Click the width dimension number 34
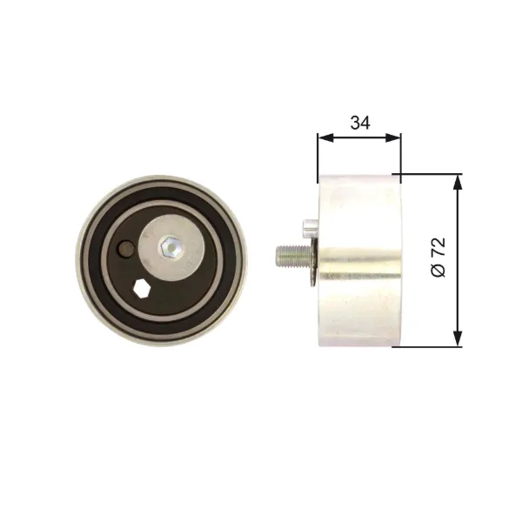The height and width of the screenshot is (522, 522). (360, 123)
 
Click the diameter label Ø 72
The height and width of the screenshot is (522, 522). (438, 257)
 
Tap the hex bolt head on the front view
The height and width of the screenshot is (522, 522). (171, 247)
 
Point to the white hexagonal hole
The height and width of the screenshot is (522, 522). (141, 288)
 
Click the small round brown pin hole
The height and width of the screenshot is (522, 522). (125, 249)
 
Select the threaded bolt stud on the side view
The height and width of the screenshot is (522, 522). (293, 255)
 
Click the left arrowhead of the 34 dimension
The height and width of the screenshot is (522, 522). (325, 137)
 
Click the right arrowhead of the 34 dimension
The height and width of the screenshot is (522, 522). (393, 137)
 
